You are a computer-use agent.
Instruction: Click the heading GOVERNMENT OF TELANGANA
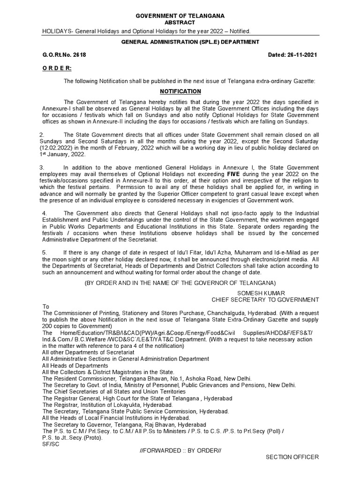pyautogui.click(x=180, y=16)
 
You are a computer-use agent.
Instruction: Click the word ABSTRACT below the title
pyautogui.click(x=180, y=22)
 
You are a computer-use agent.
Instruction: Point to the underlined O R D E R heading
pyautogui.click(x=57, y=68)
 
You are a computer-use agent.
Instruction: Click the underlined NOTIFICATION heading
pyautogui.click(x=180, y=91)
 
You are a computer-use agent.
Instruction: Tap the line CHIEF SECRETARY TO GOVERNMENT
pyautogui.click(x=265, y=300)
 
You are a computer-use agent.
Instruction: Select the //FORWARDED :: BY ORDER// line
pyautogui.click(x=180, y=450)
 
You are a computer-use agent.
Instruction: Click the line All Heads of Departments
pyautogui.click(x=75, y=366)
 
